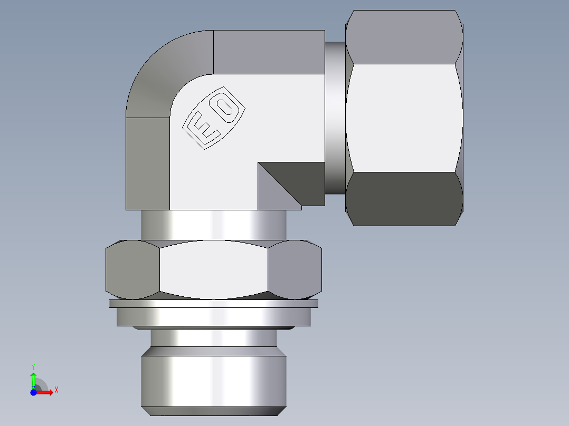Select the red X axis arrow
coord(46,392)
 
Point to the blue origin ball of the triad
coord(33,392)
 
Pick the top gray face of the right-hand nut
coord(404,37)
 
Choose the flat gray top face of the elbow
coord(269,52)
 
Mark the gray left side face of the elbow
coord(147,163)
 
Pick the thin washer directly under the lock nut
coord(213,304)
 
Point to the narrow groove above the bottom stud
coord(213,338)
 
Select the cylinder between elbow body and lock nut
coord(213,225)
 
